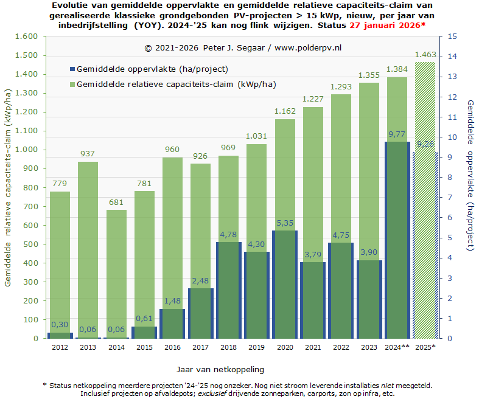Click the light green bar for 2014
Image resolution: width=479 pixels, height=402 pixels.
pos(117,274)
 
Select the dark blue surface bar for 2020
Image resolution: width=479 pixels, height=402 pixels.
pos(284,286)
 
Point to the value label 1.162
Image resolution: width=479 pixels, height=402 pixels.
pos(284,111)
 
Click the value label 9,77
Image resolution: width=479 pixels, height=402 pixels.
pos(397,134)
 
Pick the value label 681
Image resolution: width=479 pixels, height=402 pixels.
pos(117,203)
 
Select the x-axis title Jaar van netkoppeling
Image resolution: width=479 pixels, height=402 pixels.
pos(220,369)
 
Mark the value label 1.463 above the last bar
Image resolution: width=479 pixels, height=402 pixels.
pos(425,55)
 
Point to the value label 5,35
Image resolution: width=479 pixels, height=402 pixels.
pos(284,223)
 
